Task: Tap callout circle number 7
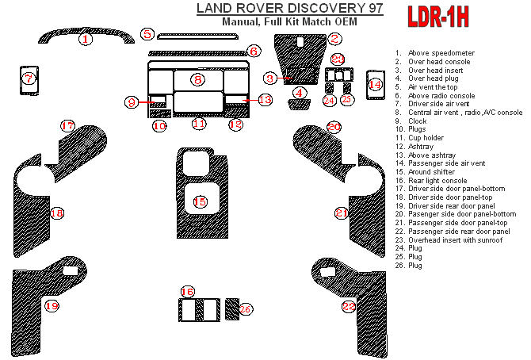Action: pos(28,78)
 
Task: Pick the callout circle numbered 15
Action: pos(201,202)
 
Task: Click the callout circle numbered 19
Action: pos(52,305)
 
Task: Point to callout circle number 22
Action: pos(350,306)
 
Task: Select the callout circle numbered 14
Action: pos(376,83)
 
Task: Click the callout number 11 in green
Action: pos(199,124)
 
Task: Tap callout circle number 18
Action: pos(56,213)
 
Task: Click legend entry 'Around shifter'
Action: pos(431,171)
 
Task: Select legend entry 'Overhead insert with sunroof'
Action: pos(455,239)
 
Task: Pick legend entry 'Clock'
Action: pos(418,121)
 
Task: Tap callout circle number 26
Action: pos(245,308)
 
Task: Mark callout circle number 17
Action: pos(68,125)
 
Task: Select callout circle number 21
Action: pos(342,213)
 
